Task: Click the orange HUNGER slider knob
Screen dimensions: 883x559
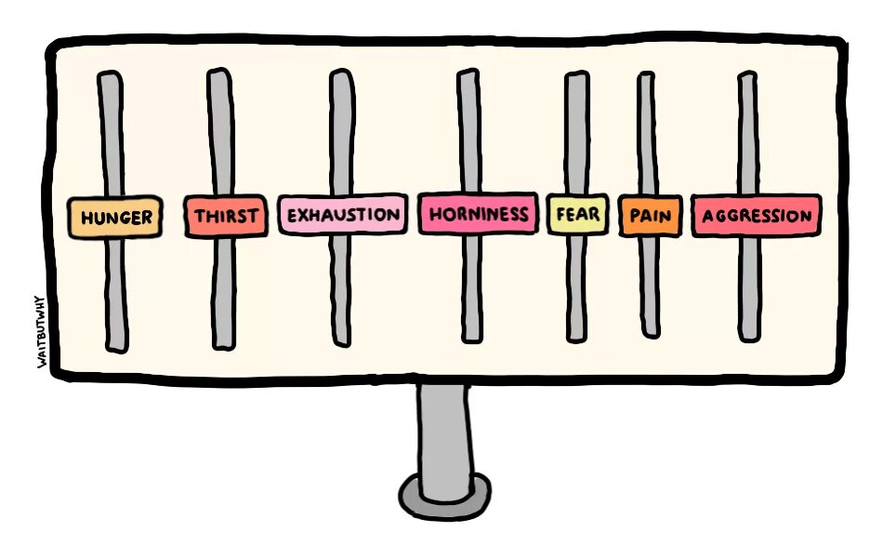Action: coord(116,218)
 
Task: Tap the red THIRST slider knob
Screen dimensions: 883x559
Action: coord(226,217)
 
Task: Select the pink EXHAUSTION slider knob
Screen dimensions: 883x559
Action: coord(342,215)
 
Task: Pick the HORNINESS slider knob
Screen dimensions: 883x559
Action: coord(478,215)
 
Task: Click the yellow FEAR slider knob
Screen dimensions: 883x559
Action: coord(577,215)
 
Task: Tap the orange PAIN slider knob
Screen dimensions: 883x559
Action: coord(650,216)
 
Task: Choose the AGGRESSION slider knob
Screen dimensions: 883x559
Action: coord(756,216)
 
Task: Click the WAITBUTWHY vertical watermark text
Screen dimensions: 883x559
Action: coord(42,330)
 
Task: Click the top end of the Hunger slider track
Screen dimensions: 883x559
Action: coord(110,82)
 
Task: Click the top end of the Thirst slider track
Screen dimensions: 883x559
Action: coord(218,80)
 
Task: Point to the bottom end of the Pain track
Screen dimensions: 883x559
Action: coord(651,327)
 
